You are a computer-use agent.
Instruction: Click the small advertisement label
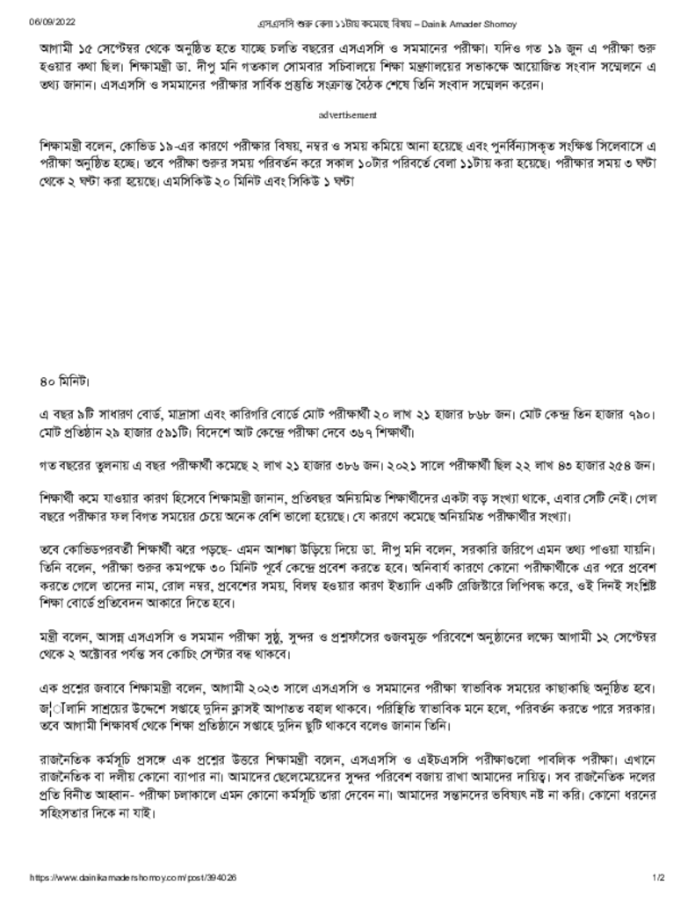(x=348, y=115)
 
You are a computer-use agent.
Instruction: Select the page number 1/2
(x=659, y=877)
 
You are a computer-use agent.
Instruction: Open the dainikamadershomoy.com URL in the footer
(x=133, y=877)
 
